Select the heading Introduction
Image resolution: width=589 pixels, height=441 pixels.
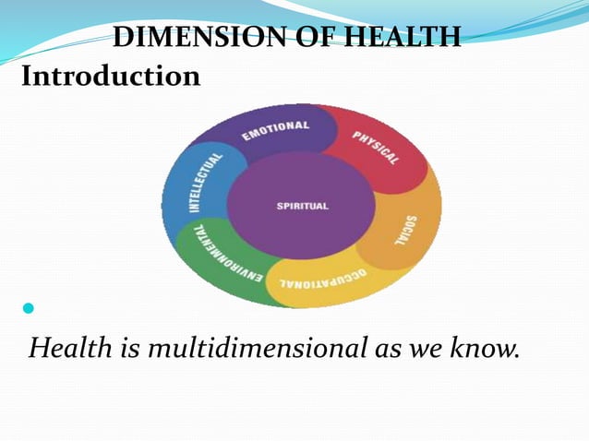[111, 76]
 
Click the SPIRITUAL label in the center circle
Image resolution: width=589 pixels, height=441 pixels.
[302, 206]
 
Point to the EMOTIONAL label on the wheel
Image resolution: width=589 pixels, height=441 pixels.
[276, 133]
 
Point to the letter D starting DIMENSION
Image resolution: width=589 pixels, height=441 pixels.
[123, 39]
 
